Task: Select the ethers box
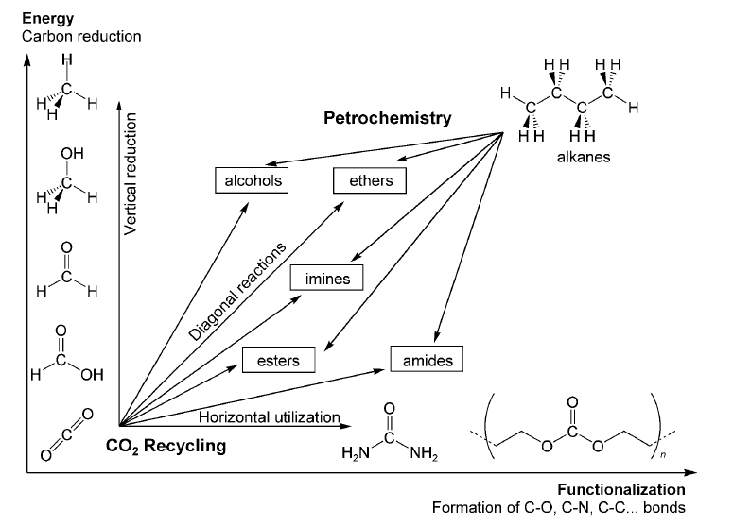(370, 179)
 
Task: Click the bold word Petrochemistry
(388, 119)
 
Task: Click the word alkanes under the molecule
(584, 157)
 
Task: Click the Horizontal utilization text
(269, 416)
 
